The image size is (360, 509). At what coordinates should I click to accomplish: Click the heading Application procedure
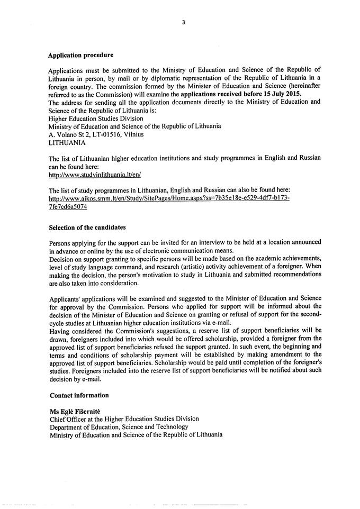80,54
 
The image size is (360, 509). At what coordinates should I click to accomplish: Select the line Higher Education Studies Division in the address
96,119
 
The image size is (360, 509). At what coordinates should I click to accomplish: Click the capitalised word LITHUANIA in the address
66,142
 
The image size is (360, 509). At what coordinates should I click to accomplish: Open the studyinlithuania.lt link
95,174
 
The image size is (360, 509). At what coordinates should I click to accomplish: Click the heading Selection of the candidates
87,228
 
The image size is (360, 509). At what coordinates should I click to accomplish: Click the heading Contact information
79,395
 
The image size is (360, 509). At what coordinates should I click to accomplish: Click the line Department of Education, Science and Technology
119,427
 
